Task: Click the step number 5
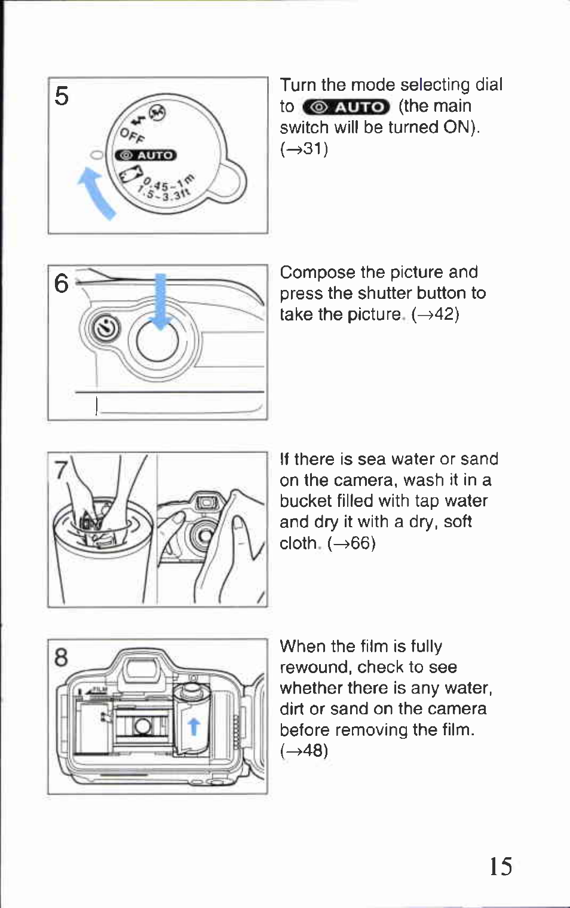click(62, 96)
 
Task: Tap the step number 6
click(62, 283)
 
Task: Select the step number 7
click(60, 471)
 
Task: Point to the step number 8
click(62, 658)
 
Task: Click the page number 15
click(501, 866)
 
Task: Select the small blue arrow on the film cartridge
click(193, 726)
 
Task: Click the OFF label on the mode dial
click(131, 136)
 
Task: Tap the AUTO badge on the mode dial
click(146, 155)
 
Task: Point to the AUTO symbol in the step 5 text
click(347, 107)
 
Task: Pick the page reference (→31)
click(304, 148)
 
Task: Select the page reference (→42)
click(435, 314)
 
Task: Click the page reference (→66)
click(351, 543)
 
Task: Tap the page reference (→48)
click(304, 751)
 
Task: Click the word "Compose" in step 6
click(317, 273)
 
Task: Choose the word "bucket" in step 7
click(309, 501)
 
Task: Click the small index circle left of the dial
click(96, 155)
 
